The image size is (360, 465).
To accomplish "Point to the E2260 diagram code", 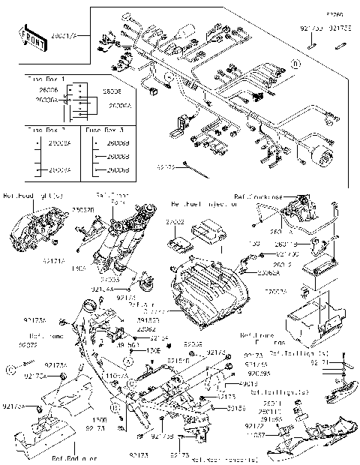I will (332, 14).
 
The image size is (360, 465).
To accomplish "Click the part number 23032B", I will (84, 211).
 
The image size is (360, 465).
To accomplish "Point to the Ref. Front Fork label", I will (119, 199).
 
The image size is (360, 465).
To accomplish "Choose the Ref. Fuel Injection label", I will (206, 203).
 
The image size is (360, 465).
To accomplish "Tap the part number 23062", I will (147, 328).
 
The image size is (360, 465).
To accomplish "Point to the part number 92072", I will (38, 345).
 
